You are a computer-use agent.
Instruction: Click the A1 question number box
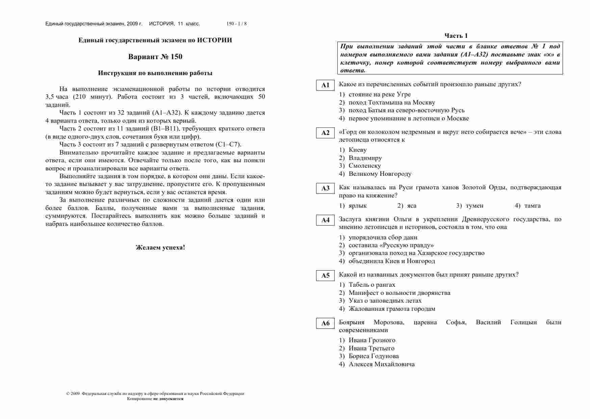(325, 85)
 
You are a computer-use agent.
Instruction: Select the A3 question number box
(325, 188)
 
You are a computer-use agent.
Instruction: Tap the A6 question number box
(325, 323)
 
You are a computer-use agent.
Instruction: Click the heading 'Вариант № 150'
(155, 56)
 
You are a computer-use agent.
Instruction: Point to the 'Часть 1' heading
(456, 36)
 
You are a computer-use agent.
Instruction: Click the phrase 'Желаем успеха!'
(160, 247)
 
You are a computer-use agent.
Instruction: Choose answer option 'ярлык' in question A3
(357, 206)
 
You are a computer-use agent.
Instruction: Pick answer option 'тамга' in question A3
(532, 206)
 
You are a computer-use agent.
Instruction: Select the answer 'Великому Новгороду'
(380, 174)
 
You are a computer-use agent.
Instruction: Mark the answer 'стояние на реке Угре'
(380, 94)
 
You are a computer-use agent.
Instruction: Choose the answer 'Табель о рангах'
(372, 285)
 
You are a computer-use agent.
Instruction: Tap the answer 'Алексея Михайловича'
(382, 364)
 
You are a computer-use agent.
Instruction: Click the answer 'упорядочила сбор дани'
(383, 237)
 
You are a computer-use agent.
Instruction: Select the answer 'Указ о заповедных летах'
(385, 301)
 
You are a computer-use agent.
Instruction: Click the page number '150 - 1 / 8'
(236, 24)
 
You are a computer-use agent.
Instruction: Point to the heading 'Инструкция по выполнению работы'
(155, 73)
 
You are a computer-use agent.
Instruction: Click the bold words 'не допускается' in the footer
(168, 399)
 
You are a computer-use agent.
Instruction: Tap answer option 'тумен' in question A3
(474, 206)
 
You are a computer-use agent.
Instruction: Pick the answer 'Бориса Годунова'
(374, 356)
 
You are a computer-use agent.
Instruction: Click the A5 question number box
(325, 276)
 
